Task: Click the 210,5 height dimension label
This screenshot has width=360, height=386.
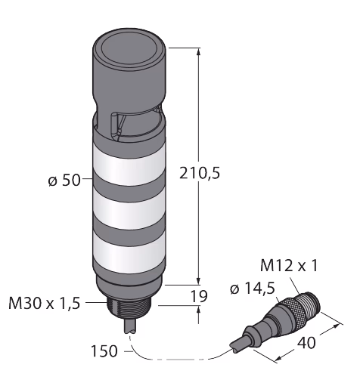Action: point(200,174)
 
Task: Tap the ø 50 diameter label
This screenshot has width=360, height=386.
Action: point(64,181)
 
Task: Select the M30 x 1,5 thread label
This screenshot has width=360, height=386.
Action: point(45,303)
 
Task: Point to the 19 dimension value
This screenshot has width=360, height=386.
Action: point(199,296)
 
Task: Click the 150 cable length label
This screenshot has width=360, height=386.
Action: point(104,351)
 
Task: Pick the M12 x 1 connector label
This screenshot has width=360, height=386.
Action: point(289,266)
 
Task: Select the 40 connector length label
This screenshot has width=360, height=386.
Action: point(306,343)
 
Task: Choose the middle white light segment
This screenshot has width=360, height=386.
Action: point(129,209)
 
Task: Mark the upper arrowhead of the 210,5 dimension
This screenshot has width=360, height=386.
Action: point(199,52)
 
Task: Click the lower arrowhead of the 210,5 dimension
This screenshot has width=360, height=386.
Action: point(199,280)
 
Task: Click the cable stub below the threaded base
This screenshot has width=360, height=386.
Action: point(131,326)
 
